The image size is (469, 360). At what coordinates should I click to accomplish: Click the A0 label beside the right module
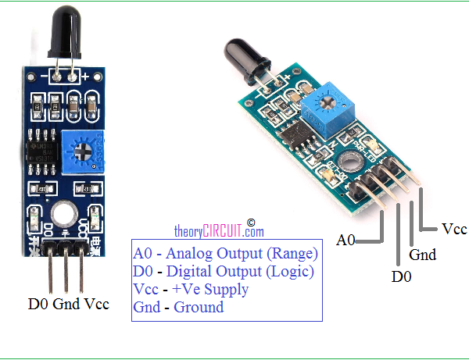pyautogui.click(x=345, y=240)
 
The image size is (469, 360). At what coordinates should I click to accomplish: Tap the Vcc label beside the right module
pyautogui.click(x=454, y=229)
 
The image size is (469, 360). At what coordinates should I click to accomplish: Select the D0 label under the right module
pyautogui.click(x=402, y=276)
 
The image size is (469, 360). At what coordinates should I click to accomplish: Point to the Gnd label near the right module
pyautogui.click(x=422, y=255)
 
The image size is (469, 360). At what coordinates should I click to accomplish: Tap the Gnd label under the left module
pyautogui.click(x=66, y=304)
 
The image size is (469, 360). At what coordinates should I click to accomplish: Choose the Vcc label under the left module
pyautogui.click(x=97, y=304)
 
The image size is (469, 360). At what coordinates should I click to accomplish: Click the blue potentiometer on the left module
pyautogui.click(x=83, y=151)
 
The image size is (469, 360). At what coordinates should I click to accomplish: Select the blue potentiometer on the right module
pyautogui.click(x=328, y=110)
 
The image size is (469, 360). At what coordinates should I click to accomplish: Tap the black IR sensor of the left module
pyautogui.click(x=65, y=32)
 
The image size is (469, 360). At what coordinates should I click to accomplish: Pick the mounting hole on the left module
pyautogui.click(x=64, y=213)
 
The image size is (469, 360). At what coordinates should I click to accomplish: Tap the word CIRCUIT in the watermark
pyautogui.click(x=222, y=231)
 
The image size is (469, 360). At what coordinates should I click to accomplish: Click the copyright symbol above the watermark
pyautogui.click(x=251, y=223)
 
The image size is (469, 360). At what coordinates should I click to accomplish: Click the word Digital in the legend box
pyautogui.click(x=189, y=272)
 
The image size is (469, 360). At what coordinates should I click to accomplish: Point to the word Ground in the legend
pyautogui.click(x=199, y=307)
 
